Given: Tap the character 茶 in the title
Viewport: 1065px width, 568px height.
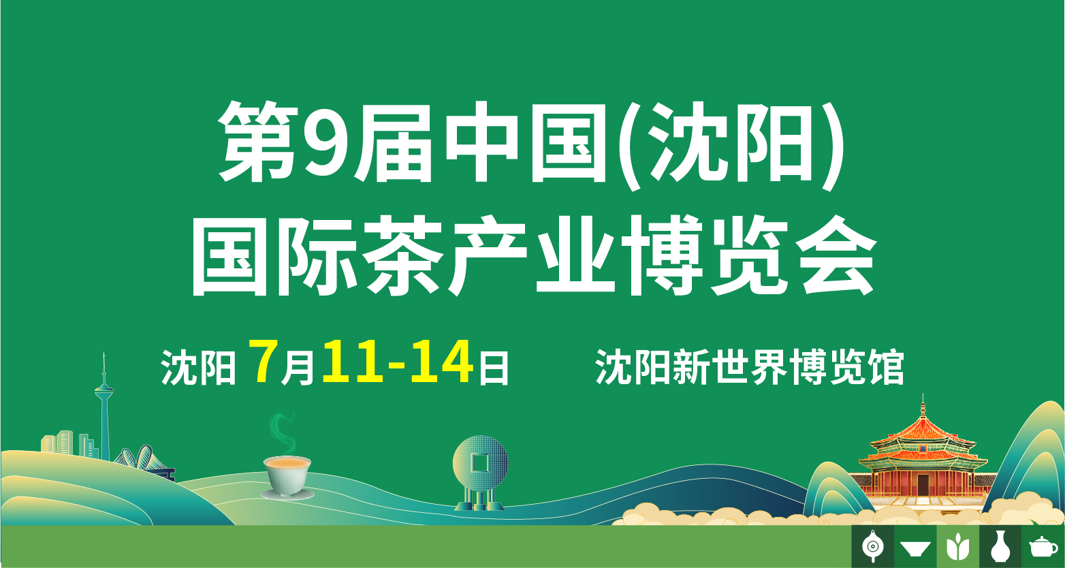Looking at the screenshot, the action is click(x=403, y=255).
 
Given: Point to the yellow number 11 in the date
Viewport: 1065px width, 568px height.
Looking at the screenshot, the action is click(x=353, y=362).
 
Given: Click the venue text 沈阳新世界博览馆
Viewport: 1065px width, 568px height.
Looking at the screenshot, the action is click(x=749, y=367).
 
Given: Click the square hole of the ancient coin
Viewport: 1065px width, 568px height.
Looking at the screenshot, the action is click(x=479, y=462).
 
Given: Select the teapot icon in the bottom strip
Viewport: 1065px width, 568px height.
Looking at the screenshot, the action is click(x=1043, y=547).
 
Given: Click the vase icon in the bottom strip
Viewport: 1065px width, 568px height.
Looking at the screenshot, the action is click(x=1000, y=546).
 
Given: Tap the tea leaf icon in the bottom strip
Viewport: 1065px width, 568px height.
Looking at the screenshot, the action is click(x=957, y=547).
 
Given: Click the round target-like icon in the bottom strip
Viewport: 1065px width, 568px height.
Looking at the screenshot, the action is click(x=873, y=546).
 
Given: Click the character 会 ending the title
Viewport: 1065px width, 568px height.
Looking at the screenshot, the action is click(x=837, y=255).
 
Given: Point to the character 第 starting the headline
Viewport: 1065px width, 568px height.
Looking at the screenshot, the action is click(x=259, y=142).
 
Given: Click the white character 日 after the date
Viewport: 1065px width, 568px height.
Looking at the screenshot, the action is click(x=494, y=367).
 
